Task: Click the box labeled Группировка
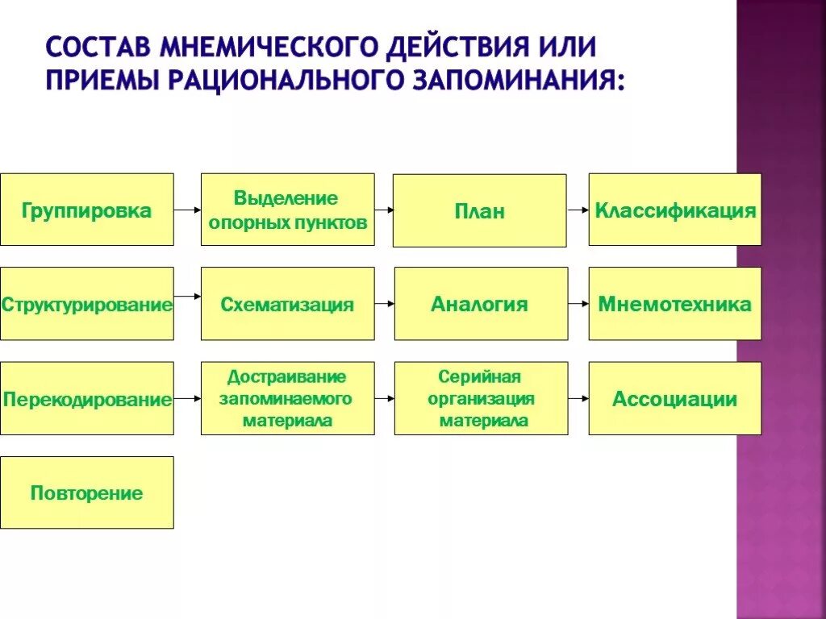pyautogui.click(x=86, y=210)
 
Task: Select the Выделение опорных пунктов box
pyautogui.click(x=287, y=210)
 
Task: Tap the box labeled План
pyautogui.click(x=479, y=210)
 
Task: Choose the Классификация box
pyautogui.click(x=674, y=210)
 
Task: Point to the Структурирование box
pyautogui.click(x=86, y=304)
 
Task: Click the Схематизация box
pyautogui.click(x=287, y=304)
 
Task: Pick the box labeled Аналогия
pyautogui.click(x=480, y=304)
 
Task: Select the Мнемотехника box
pyautogui.click(x=674, y=304)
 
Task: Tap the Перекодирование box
pyautogui.click(x=86, y=398)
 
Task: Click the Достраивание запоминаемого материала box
pyautogui.click(x=287, y=398)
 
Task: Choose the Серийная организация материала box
pyautogui.click(x=480, y=398)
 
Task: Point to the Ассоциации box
pyautogui.click(x=674, y=398)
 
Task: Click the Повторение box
pyautogui.click(x=86, y=492)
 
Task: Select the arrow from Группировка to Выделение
pyautogui.click(x=187, y=210)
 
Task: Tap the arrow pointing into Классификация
pyautogui.click(x=578, y=210)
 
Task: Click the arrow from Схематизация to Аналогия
pyautogui.click(x=385, y=304)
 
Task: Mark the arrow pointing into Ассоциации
pyautogui.click(x=578, y=398)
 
